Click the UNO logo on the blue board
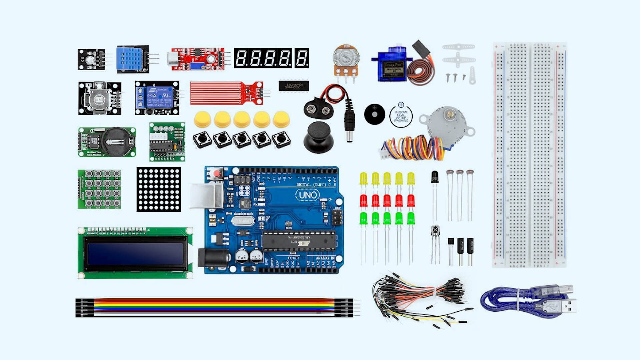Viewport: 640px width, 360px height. (x=307, y=195)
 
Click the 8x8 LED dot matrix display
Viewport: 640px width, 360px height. (x=159, y=189)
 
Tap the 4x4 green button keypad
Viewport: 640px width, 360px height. (x=100, y=189)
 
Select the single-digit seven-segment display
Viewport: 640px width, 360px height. (x=302, y=58)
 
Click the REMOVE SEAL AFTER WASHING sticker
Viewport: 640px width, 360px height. (x=401, y=116)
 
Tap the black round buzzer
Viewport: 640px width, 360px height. (x=374, y=114)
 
